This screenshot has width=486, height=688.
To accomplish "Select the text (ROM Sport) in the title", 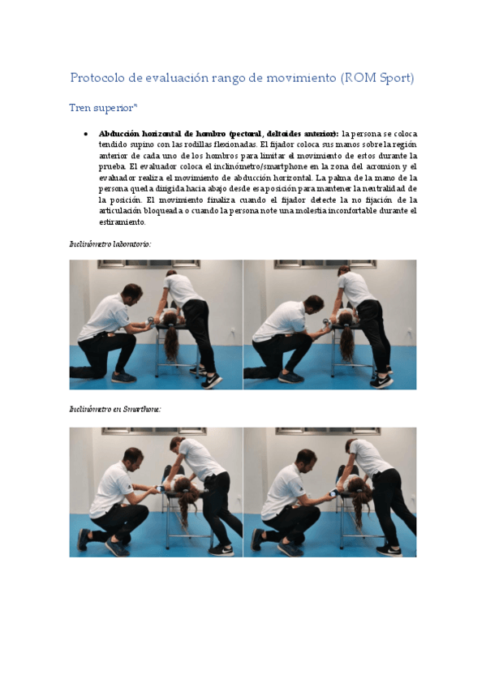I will [379, 78].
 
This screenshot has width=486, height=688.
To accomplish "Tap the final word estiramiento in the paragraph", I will [123, 221].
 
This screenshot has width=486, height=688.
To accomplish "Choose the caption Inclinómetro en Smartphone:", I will [115, 410].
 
